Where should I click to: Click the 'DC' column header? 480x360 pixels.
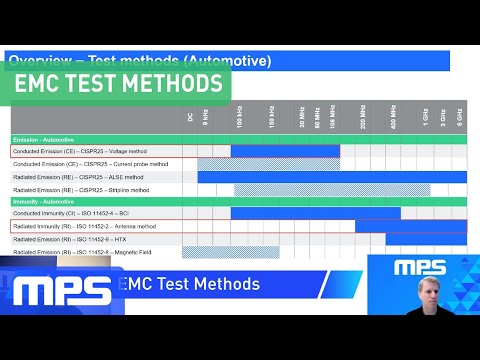[x=191, y=117]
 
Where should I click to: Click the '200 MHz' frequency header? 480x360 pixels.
[x=363, y=117]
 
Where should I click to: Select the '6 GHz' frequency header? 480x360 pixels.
[x=459, y=117]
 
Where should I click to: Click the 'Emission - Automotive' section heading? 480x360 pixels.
[x=45, y=139]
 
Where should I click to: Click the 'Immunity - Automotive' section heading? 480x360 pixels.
[x=45, y=201]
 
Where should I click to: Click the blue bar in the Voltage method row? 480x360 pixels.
[x=285, y=151]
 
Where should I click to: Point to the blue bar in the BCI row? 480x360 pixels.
[x=315, y=214]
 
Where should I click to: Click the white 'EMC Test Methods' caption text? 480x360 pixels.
[x=189, y=285]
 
